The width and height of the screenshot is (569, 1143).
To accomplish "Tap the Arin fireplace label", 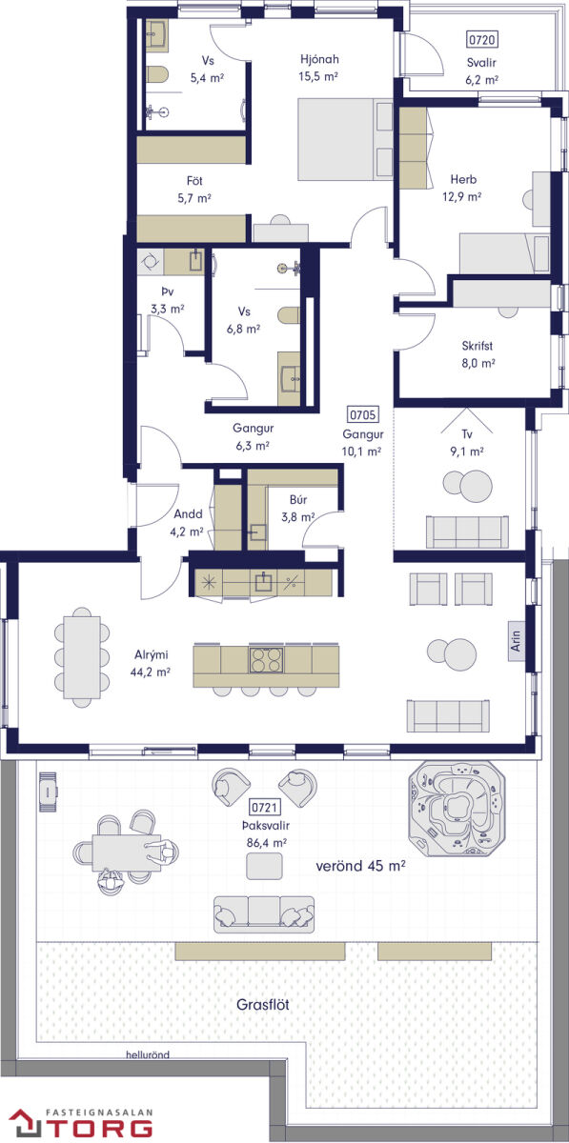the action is tap(516, 640).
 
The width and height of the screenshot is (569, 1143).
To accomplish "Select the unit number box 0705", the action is tap(362, 414).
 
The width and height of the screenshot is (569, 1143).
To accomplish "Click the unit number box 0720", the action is tap(481, 39).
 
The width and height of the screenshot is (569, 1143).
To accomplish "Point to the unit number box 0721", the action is tap(265, 807).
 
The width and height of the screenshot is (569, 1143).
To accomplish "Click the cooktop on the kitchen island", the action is tap(266, 659).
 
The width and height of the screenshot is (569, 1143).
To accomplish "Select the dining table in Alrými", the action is tap(82, 657).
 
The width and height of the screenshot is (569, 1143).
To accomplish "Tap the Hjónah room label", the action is tap(319, 59).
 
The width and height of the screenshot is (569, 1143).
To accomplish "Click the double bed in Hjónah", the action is tap(345, 139).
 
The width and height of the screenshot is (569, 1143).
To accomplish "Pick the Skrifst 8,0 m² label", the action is tap(478, 354).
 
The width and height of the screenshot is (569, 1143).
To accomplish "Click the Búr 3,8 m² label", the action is tap(297, 509).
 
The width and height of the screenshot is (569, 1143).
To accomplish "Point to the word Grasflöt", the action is tap(262, 1005).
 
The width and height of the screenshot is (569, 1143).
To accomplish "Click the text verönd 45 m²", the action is tap(360, 866).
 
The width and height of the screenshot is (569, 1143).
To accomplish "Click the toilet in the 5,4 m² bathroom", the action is tap(157, 74).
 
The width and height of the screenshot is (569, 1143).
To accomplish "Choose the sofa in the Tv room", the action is tap(467, 531).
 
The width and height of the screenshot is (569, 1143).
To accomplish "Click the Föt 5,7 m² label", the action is tap(194, 190).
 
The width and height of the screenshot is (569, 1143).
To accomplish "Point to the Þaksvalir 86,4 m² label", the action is tap(266, 833).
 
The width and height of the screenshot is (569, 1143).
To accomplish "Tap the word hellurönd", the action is tap(148, 1054).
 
